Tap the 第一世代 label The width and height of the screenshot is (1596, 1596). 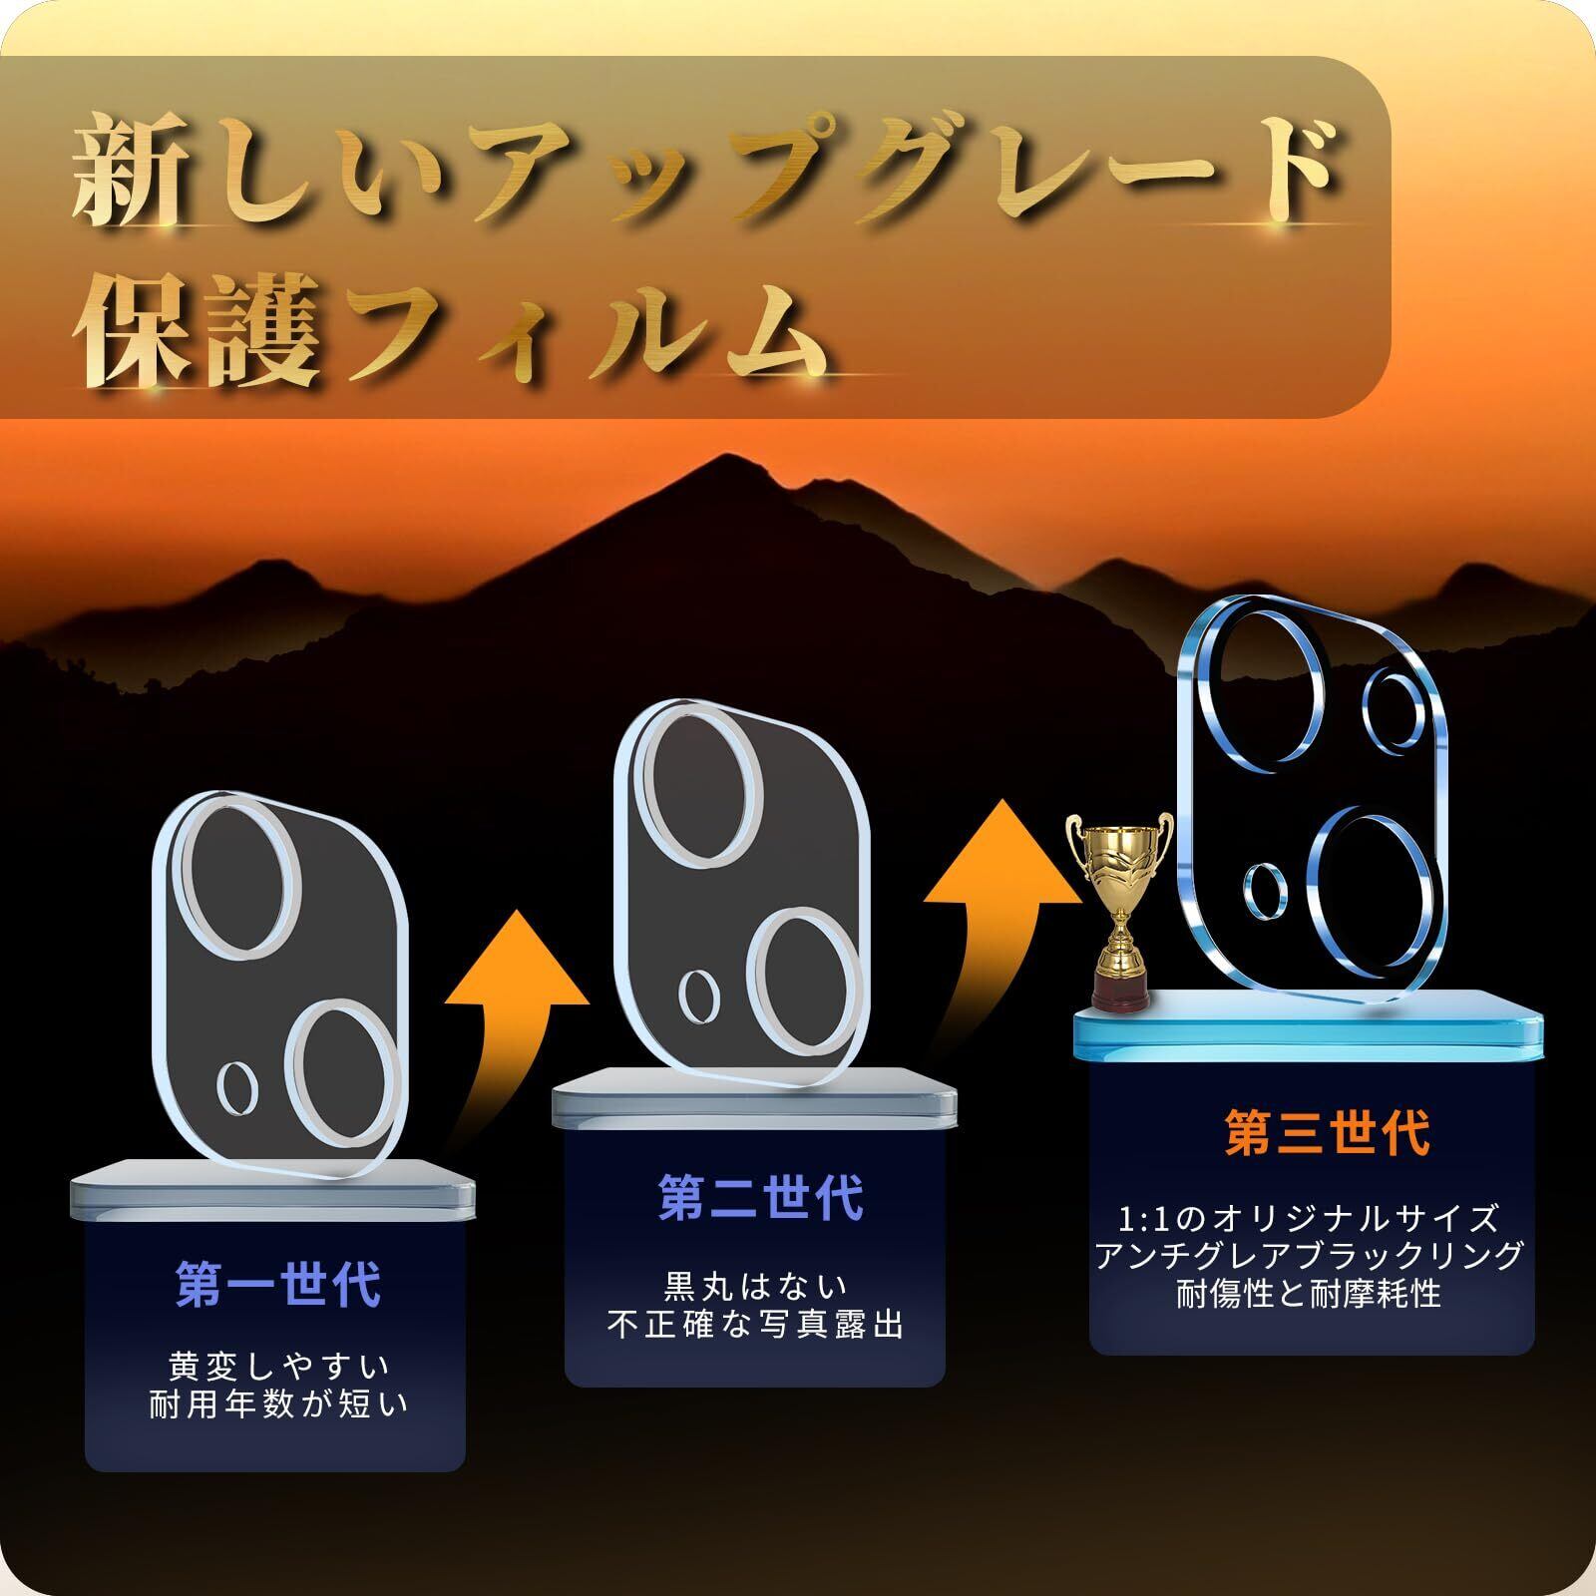point(278,1285)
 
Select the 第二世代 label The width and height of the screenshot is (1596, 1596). point(760,1197)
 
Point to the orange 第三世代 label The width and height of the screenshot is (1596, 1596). point(1328,1132)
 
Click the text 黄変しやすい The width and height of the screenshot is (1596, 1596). point(279,1365)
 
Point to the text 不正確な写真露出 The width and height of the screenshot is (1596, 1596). point(756,1327)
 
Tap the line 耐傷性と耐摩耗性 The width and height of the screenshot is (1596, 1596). point(1309,1294)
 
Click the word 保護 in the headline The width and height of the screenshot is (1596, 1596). point(199,317)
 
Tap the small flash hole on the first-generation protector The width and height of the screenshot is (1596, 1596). point(236,1086)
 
